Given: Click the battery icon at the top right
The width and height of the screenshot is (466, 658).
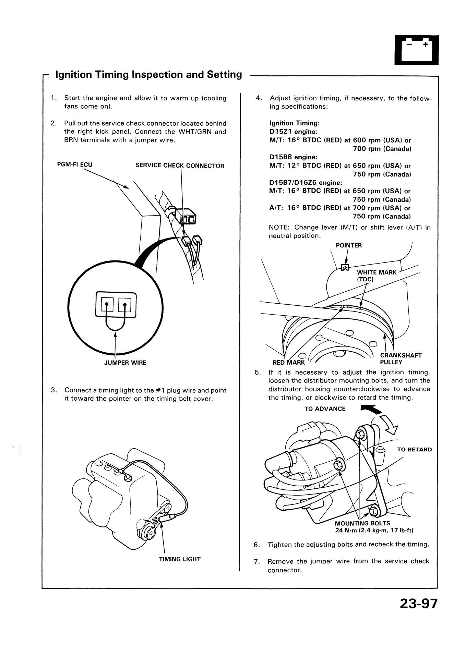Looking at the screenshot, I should coord(416,50).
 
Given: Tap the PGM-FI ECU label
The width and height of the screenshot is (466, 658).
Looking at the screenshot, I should coord(75,164).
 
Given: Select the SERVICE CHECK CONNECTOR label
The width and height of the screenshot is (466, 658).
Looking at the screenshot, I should coord(180,166).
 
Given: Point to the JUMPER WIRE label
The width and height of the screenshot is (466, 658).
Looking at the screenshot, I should coord(125,363).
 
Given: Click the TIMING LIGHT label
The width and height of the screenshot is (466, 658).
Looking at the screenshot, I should coord(180,559).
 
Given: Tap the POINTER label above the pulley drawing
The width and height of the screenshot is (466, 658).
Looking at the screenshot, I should coord(349,245).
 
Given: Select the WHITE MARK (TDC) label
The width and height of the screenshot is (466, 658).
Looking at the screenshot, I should coord(377,276).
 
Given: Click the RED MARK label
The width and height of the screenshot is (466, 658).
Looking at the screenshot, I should coord(288,363).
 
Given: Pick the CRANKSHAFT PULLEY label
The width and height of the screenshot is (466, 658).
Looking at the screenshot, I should coord(401,359).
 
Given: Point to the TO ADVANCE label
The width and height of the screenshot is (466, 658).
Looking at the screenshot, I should coord(325,409).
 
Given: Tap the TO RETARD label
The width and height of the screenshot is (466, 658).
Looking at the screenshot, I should coord(414,450).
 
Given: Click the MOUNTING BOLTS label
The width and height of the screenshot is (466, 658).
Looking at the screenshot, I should coord(362,523).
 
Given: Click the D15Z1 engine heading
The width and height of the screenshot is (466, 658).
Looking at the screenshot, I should coord(294,132).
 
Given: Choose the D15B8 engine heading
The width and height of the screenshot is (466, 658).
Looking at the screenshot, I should coord(294,157).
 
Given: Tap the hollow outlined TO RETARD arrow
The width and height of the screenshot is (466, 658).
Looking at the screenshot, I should coord(390,424).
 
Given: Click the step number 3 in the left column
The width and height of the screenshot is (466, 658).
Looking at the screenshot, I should coord(53,390).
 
